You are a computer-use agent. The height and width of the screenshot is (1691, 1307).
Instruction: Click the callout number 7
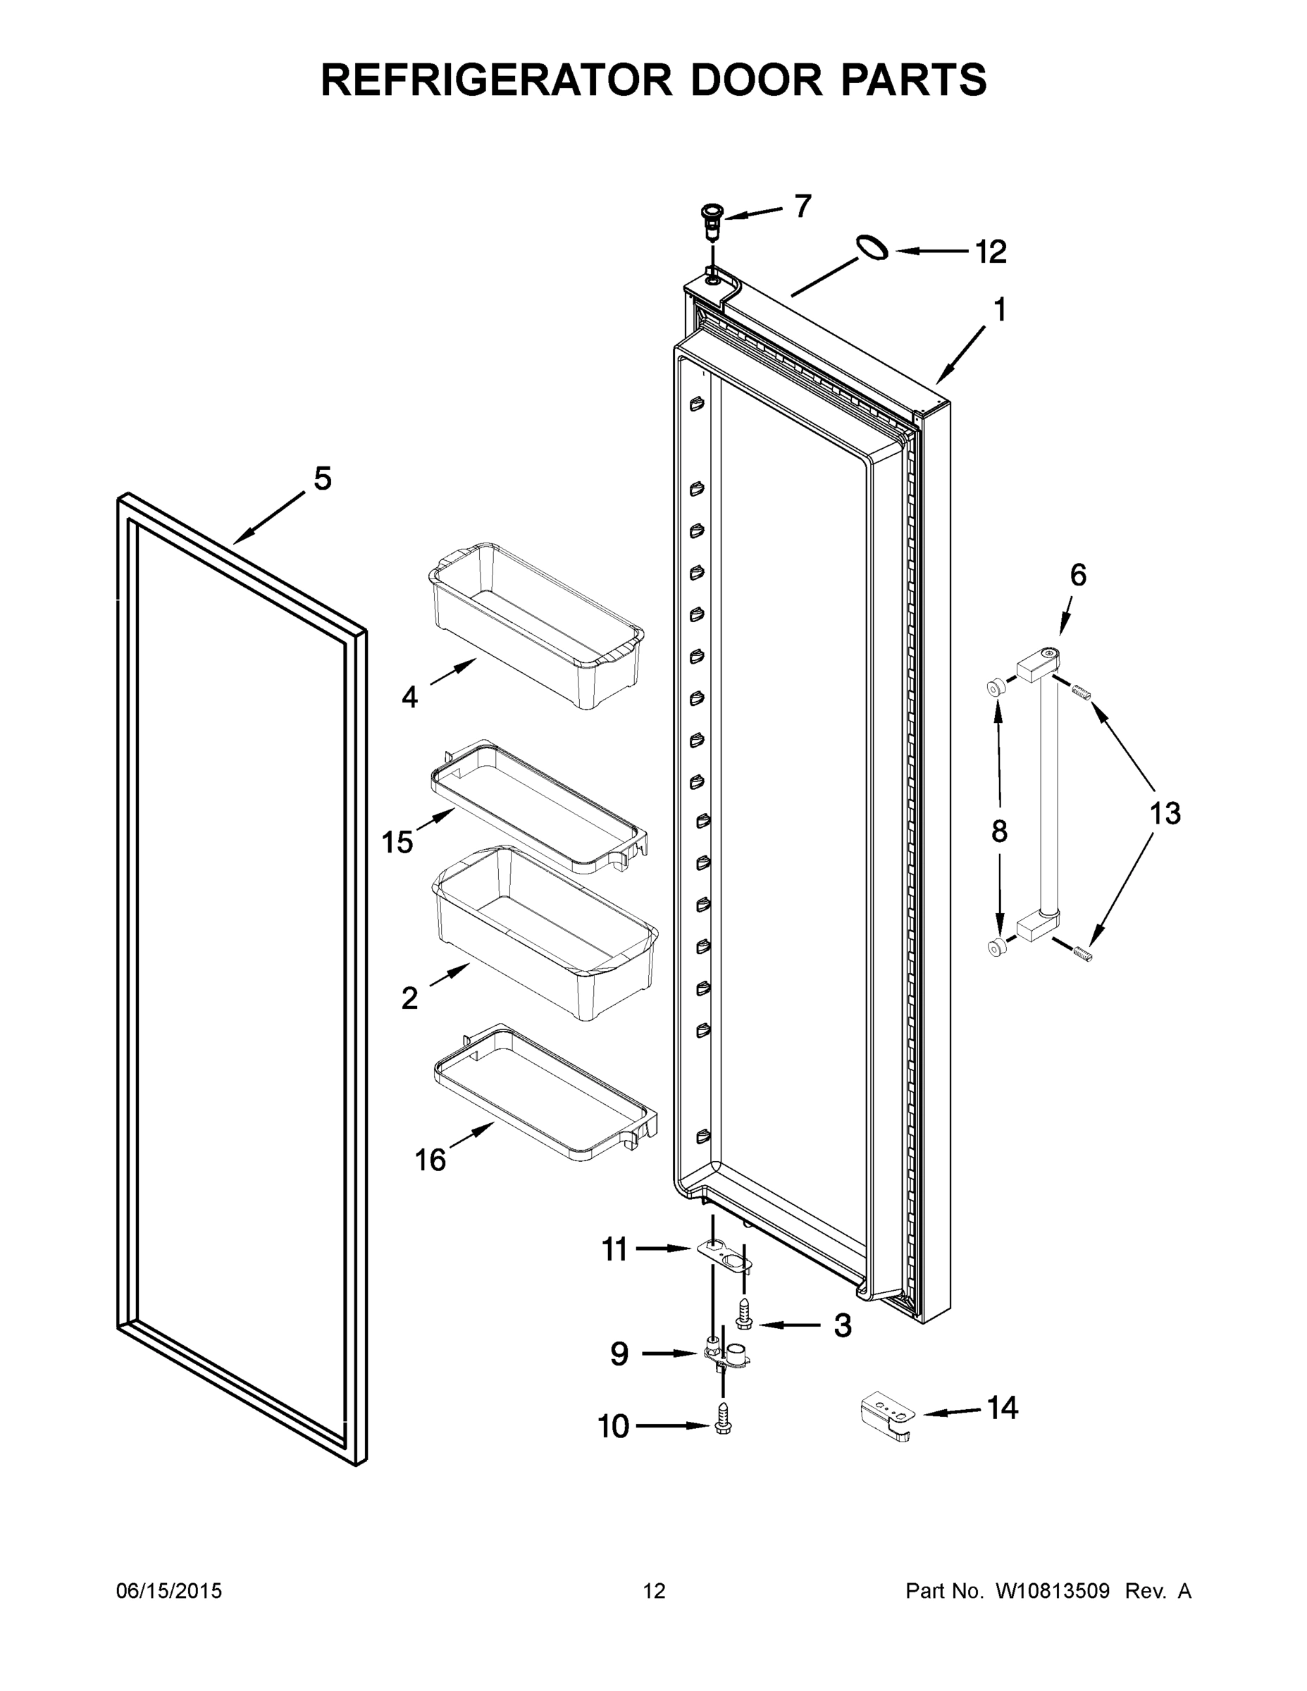(803, 206)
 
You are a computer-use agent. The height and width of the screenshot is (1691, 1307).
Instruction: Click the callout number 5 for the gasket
(322, 478)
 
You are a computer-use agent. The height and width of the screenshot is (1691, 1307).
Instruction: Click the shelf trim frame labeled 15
(538, 807)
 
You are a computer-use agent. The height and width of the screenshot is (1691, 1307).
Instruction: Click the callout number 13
(1164, 813)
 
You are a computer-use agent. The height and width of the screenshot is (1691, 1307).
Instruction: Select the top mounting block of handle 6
(1036, 664)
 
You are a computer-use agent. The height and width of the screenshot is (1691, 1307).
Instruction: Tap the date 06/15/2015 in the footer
(169, 1590)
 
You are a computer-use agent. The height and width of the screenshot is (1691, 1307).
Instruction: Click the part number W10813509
(1052, 1590)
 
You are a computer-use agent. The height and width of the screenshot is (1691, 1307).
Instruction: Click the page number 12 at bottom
(654, 1590)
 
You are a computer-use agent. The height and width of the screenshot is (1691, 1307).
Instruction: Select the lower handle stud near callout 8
(996, 946)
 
